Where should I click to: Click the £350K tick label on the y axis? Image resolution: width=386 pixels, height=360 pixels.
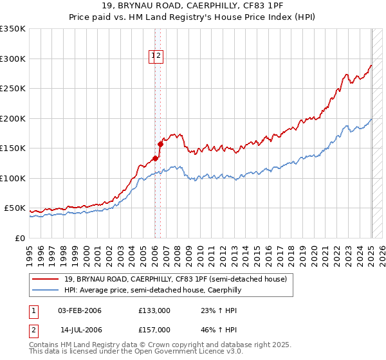pyautogui.click(x=13, y=29)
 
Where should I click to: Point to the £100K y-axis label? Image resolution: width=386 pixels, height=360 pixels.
pyautogui.click(x=13, y=178)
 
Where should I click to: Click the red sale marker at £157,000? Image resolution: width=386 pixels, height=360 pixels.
pyautogui.click(x=160, y=144)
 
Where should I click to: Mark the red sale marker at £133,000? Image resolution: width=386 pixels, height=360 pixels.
pyautogui.click(x=155, y=159)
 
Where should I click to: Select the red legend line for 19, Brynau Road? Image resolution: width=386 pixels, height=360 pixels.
pyautogui.click(x=46, y=279)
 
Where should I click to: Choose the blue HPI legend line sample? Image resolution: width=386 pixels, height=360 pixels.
pyautogui.click(x=46, y=290)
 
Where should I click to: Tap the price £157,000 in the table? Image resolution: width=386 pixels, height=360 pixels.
pyautogui.click(x=154, y=329)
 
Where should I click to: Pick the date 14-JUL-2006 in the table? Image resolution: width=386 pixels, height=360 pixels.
pyautogui.click(x=81, y=329)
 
